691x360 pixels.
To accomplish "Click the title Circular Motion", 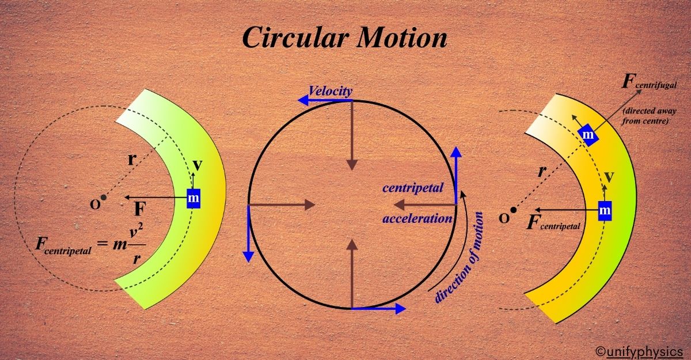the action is pos(344,38).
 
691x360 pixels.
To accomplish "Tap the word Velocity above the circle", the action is pos(330,90).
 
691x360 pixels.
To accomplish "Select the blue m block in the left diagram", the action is pos(194,198).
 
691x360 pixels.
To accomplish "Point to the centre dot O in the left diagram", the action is pos(104,198).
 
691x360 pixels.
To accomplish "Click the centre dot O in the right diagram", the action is pos(513,210).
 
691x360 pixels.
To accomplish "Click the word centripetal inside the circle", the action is pos(413,188).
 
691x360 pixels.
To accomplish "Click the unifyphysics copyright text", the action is pos(639,350).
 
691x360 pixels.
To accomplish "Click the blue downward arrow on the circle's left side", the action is pos(248,234).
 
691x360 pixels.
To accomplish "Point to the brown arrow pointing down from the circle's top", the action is pos(352,134).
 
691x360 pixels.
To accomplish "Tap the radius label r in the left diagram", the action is pos(131,160).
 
